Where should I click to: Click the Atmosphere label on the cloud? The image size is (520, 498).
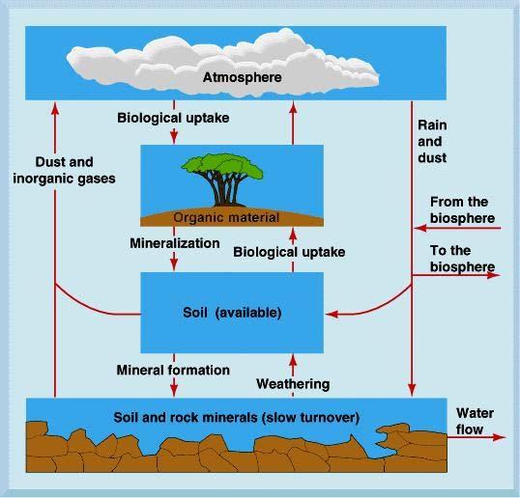tap(242, 77)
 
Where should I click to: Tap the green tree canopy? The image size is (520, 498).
tap(222, 167)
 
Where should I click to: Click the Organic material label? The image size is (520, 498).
tap(226, 217)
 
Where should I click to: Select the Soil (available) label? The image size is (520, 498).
tap(232, 313)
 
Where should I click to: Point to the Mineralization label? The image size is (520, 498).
tap(175, 243)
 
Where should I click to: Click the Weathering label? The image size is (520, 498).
tap(293, 384)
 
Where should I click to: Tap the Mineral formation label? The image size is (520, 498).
tap(173, 370)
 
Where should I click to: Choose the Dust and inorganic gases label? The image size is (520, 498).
tap(64, 170)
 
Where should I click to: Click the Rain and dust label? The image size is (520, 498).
tap(432, 141)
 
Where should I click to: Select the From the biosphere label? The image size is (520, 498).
tap(462, 210)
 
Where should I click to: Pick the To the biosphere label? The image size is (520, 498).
tap(462, 259)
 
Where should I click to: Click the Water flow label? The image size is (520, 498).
tap(475, 421)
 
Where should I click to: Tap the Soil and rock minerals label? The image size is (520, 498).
tap(236, 417)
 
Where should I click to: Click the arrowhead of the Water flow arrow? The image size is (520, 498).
tap(499, 437)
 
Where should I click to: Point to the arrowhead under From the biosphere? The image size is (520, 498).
tap(420, 228)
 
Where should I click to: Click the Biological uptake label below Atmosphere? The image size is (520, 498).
tap(173, 118)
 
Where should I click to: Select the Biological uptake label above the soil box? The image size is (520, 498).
tap(289, 252)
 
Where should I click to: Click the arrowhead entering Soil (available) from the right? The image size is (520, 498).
tap(332, 314)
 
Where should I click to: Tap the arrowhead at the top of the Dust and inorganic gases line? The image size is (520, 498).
tap(55, 109)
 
